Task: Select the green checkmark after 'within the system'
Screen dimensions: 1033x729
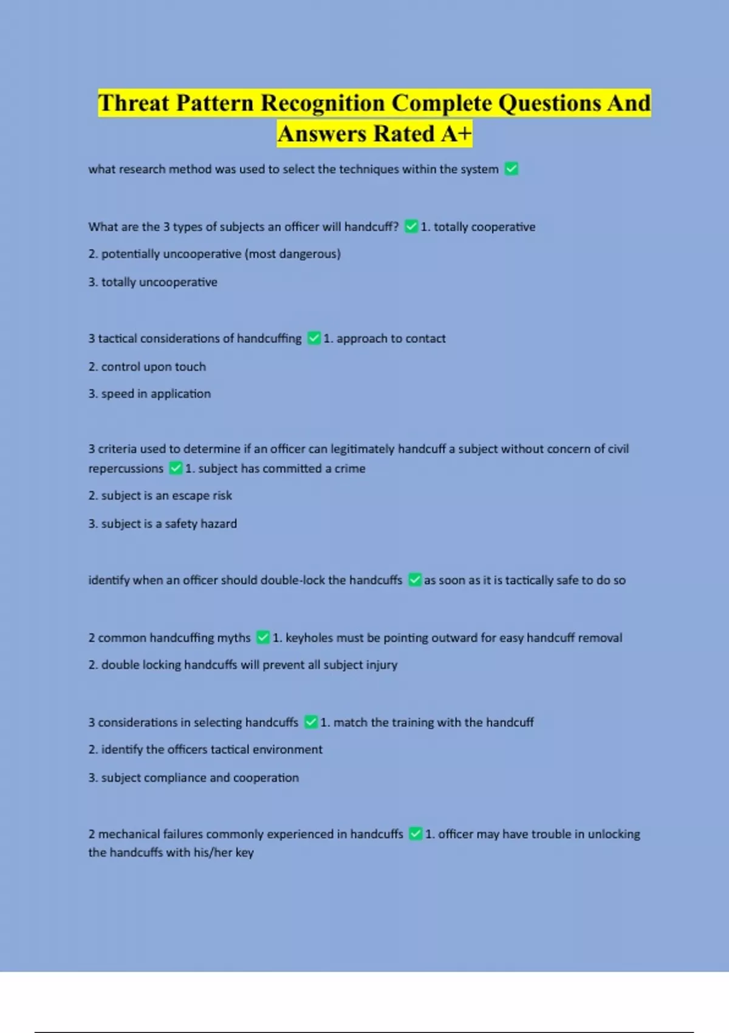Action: click(512, 169)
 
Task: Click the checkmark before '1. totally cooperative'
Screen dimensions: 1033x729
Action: click(411, 227)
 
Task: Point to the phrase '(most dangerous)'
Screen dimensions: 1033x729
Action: click(293, 254)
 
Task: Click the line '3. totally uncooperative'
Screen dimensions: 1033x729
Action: click(152, 282)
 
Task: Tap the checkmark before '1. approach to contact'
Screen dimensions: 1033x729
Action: click(314, 338)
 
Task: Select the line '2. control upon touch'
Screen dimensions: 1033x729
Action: click(147, 366)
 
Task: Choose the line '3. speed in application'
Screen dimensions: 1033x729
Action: click(149, 394)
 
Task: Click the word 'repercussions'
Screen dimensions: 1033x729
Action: click(126, 468)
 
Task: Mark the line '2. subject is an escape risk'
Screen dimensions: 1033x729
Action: click(160, 496)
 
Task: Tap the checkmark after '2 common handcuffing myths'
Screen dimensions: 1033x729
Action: click(263, 637)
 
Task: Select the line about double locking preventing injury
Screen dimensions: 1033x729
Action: click(242, 665)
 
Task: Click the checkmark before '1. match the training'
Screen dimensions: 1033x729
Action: click(311, 722)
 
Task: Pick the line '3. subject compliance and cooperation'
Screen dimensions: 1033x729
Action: click(193, 778)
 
